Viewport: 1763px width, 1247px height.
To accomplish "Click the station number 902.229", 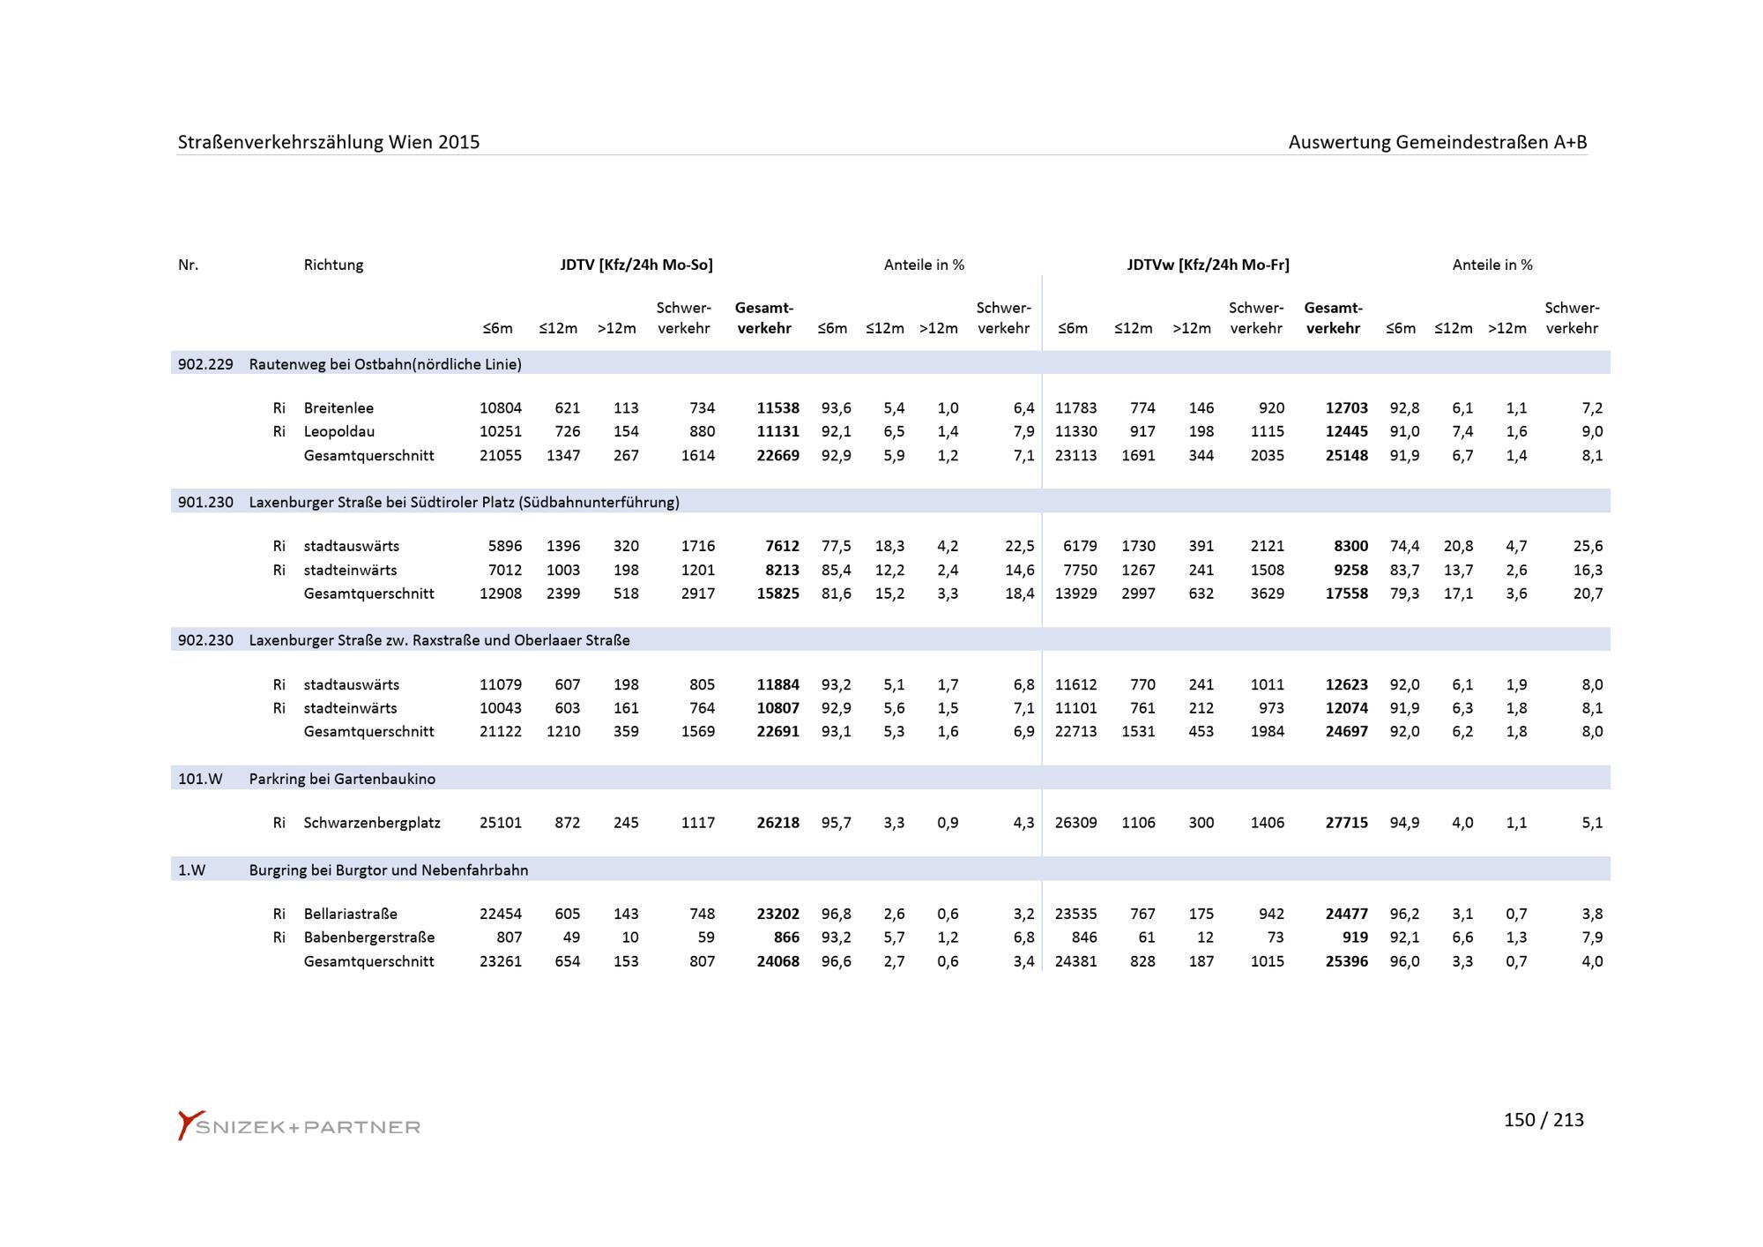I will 205,364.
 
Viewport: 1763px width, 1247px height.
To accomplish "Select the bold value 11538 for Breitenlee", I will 777,408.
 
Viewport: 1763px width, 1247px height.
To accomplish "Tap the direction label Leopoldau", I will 338,431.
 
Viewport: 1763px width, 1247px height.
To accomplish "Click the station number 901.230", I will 205,503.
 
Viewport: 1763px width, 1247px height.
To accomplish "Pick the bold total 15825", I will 777,594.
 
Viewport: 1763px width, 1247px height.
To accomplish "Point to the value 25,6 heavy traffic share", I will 1588,546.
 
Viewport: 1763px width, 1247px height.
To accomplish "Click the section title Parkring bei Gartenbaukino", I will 342,779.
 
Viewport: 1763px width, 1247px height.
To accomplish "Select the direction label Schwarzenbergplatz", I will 371,823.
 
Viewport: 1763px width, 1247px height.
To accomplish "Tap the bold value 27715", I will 1346,823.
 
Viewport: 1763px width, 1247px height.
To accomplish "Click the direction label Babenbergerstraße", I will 368,937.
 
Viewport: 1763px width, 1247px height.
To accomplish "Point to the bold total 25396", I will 1346,961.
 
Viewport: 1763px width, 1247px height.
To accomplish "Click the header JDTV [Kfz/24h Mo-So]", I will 636,265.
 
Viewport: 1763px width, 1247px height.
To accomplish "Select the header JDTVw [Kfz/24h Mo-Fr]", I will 1208,265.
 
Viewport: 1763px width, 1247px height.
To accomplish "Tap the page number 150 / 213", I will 1543,1120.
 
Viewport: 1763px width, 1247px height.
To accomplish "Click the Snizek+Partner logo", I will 299,1126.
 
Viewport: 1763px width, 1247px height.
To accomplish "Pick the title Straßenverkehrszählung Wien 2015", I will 329,142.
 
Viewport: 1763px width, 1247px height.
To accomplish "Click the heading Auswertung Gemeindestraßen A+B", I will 1437,142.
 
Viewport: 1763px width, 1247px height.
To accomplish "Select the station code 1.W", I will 191,870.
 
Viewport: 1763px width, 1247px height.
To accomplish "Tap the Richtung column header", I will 333,265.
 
